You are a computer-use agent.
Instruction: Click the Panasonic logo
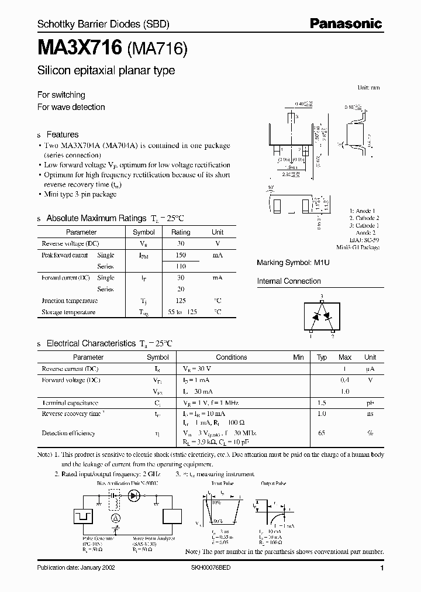(346, 23)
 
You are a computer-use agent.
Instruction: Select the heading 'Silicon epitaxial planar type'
(106, 71)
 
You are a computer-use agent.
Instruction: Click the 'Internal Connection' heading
(289, 281)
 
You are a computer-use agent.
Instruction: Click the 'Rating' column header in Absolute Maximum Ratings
(181, 232)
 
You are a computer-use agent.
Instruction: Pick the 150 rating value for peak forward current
(181, 255)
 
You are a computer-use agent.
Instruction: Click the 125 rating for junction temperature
(181, 301)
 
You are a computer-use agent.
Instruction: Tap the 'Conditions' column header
(232, 357)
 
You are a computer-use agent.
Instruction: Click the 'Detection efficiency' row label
(68, 433)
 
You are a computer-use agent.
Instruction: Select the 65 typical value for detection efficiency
(321, 433)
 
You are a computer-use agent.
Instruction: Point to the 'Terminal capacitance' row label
(69, 403)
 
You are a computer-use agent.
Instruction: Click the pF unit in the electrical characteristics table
(370, 403)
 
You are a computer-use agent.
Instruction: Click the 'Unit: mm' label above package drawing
(368, 88)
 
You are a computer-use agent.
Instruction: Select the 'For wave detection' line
(71, 107)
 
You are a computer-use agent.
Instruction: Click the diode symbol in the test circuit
(133, 495)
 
